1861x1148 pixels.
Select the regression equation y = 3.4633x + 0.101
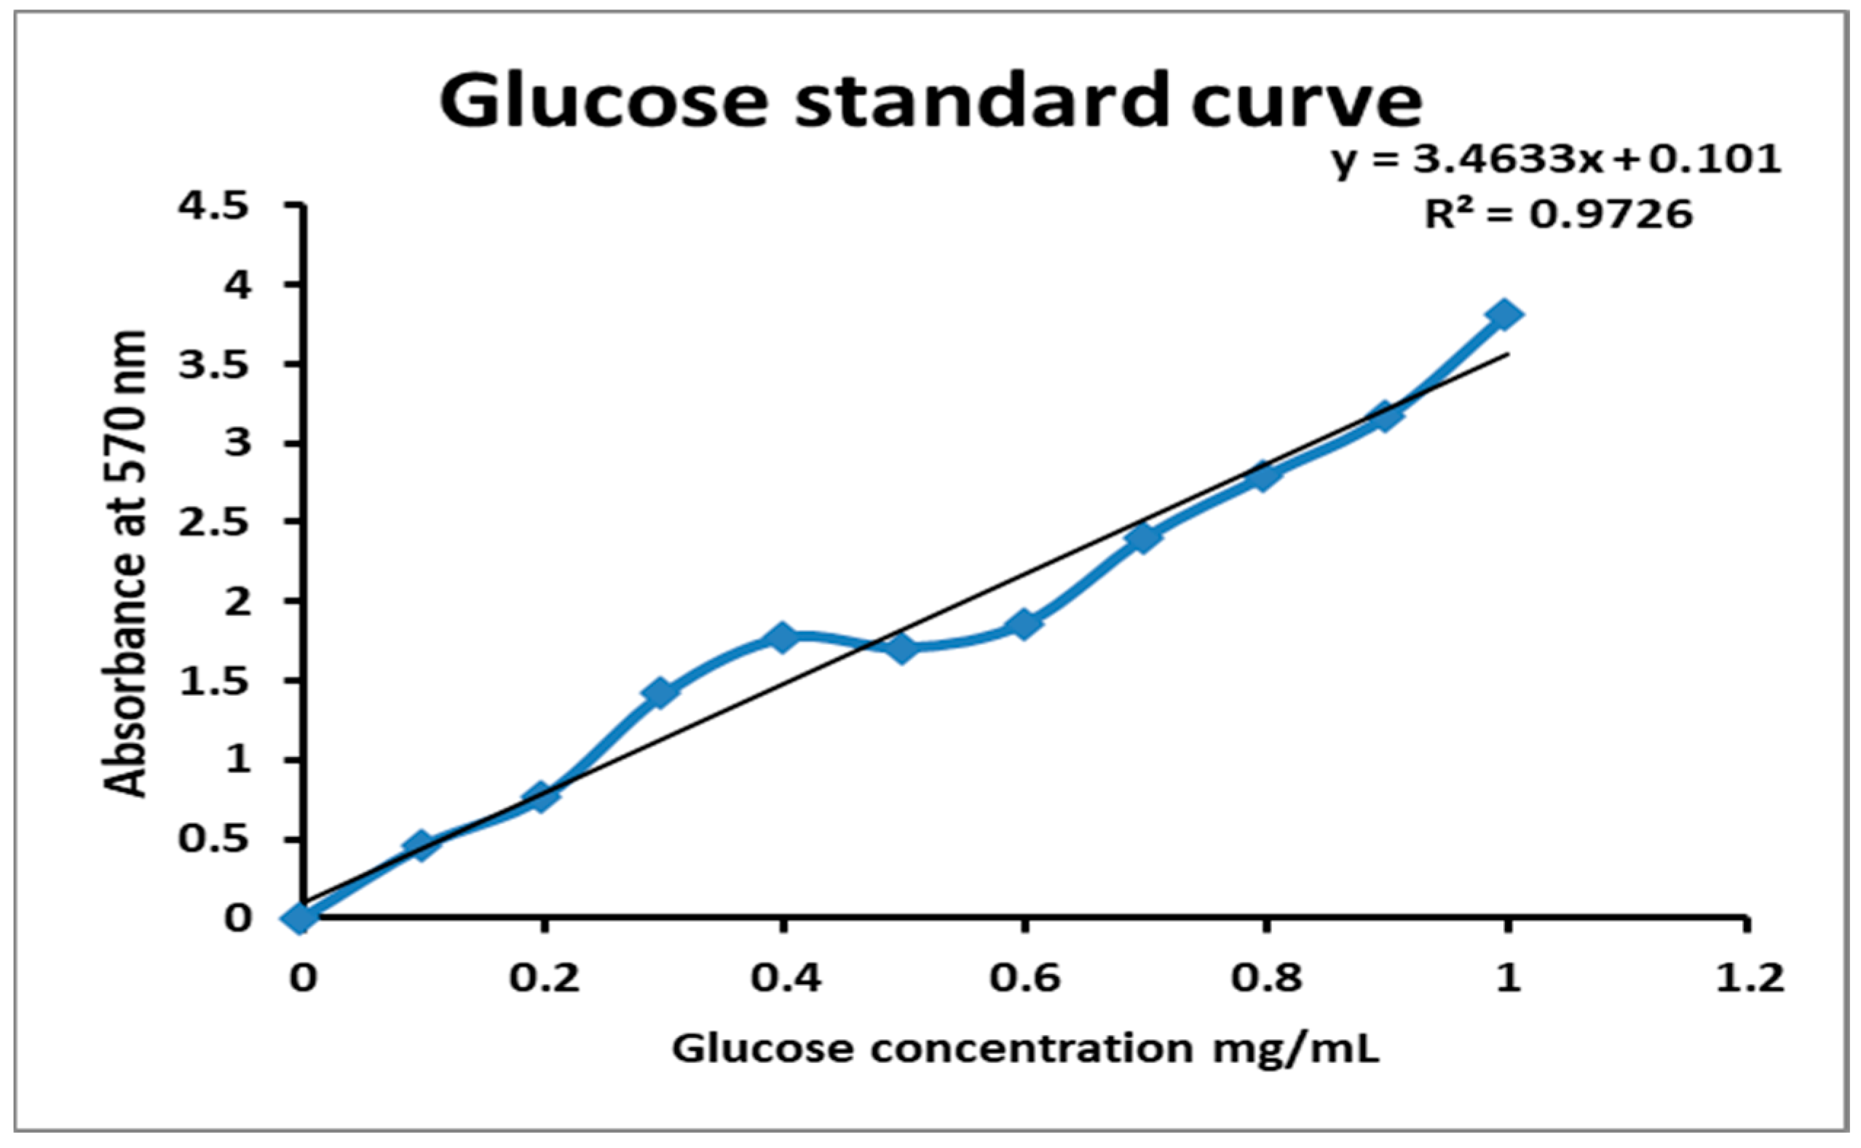[1556, 160]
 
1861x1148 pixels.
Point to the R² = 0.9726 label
[1558, 215]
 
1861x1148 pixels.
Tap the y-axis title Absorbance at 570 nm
[125, 563]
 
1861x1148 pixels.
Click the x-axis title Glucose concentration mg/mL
[1025, 1048]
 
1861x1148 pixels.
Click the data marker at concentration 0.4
[782, 637]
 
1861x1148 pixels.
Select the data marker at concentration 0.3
[660, 692]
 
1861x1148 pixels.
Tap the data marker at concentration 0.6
[1024, 624]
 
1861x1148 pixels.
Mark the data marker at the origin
[301, 917]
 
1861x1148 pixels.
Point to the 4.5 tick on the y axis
[213, 207]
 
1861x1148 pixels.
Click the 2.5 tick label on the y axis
[213, 524]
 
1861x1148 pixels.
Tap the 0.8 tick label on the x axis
[1265, 978]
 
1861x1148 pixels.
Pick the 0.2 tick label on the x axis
[544, 978]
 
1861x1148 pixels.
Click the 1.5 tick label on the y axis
[213, 683]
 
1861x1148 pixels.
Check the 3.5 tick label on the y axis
[213, 365]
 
